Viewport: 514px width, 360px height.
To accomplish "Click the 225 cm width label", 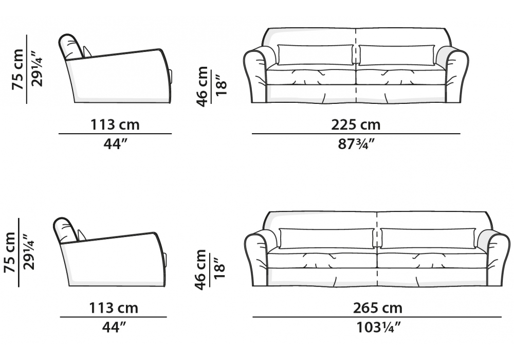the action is [x=356, y=124].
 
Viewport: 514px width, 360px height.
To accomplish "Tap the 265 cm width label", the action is [x=377, y=308].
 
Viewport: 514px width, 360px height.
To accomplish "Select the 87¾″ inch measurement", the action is [x=356, y=143].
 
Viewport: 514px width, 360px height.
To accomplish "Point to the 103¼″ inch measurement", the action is [x=378, y=327].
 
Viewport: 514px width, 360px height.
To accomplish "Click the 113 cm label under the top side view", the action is [x=115, y=124].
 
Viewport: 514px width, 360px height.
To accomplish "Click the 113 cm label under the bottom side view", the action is [x=114, y=308].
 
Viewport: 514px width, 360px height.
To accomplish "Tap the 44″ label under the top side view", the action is [x=115, y=143].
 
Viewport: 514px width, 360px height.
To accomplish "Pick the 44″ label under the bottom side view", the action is [x=114, y=327].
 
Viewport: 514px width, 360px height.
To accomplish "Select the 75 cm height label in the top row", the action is [x=17, y=69].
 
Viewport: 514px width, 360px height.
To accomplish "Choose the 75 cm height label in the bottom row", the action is [x=10, y=252].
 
